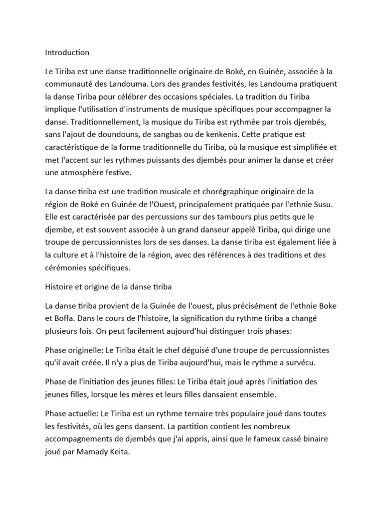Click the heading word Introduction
click(x=67, y=52)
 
